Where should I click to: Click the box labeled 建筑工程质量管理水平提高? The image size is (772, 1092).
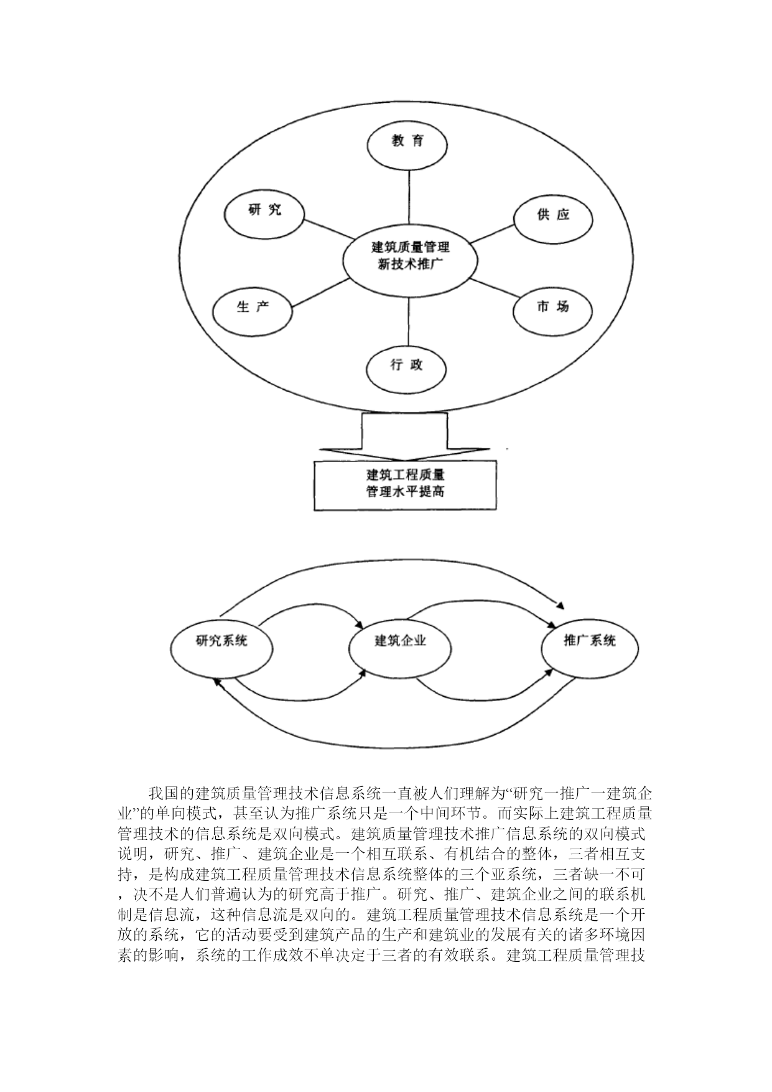pos(405,486)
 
